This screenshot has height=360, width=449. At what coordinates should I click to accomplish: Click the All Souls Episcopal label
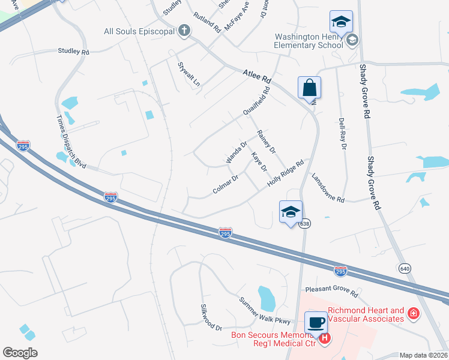tap(139, 31)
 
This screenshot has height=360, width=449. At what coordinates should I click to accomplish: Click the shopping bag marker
tap(310, 88)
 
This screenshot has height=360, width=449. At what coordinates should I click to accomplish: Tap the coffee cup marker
tap(316, 322)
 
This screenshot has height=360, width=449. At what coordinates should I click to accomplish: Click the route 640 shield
tap(402, 268)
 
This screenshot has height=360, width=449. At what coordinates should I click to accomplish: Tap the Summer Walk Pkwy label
tap(264, 309)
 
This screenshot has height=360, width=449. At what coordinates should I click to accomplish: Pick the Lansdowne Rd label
tap(328, 188)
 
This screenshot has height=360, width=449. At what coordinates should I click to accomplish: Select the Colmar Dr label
tap(226, 184)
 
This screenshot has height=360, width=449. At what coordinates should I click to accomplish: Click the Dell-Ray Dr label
tap(343, 134)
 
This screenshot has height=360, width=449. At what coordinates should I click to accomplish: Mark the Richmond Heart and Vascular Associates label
tap(365, 314)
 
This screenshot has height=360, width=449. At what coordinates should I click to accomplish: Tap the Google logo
tap(20, 353)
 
